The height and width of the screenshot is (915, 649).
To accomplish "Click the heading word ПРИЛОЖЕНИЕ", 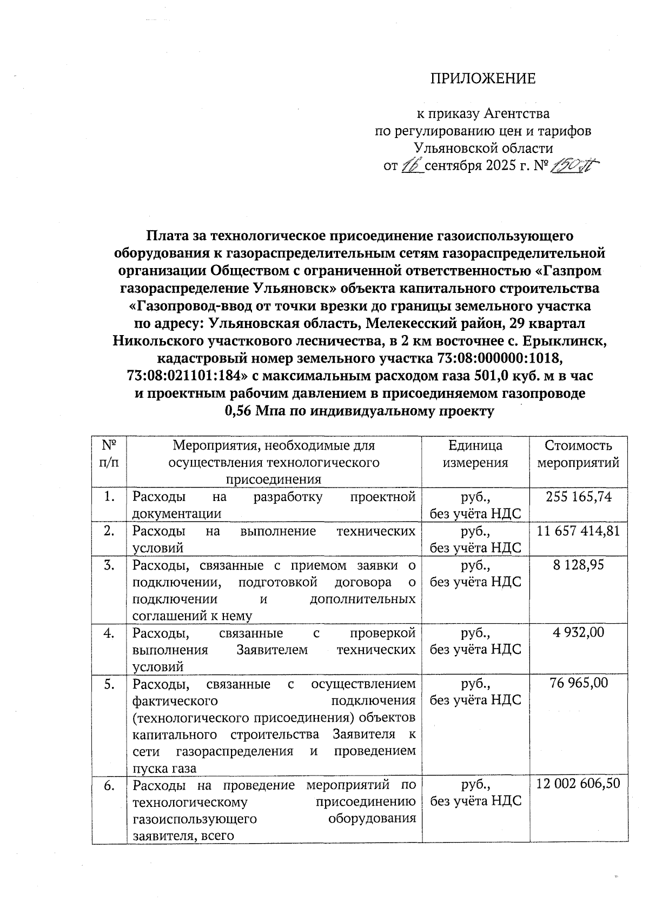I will [x=482, y=79].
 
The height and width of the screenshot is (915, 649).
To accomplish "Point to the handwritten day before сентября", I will [x=412, y=166].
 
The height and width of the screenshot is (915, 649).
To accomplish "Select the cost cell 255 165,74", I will [x=579, y=497].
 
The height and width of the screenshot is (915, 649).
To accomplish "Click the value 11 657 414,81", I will [x=578, y=531].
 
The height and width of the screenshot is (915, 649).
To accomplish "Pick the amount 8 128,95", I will [x=578, y=565].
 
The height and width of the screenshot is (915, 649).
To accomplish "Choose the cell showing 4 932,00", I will [x=578, y=632].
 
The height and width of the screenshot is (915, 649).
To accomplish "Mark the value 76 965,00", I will [x=578, y=683].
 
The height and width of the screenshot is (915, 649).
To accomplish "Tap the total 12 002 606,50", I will [x=578, y=784].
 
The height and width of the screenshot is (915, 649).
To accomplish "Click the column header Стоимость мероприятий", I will [x=578, y=454].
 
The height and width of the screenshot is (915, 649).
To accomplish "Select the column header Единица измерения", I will [x=475, y=454].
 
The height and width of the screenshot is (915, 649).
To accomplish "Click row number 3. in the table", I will [x=109, y=565].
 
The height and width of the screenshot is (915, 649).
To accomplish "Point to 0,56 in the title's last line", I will [x=237, y=411].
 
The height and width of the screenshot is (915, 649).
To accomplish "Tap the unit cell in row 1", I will [x=475, y=505].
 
